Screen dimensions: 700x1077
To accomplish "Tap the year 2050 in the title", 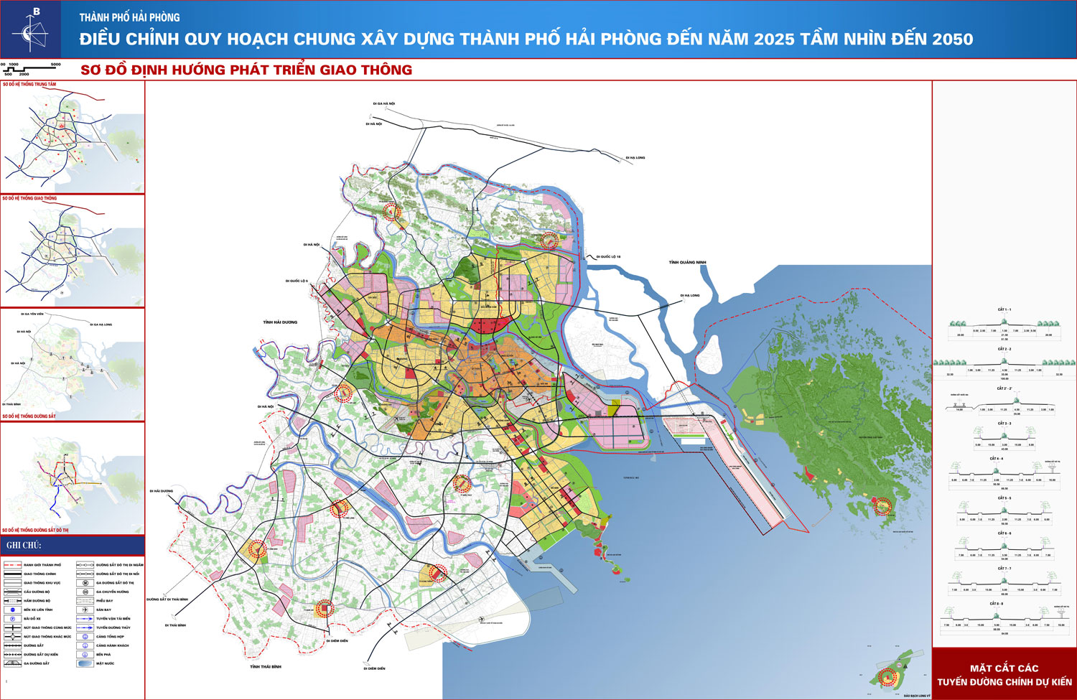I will pyautogui.click(x=952, y=39).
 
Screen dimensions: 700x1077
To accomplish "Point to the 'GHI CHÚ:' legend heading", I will pyautogui.click(x=24, y=546).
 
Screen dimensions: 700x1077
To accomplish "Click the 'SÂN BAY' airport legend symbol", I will pyautogui.click(x=85, y=610).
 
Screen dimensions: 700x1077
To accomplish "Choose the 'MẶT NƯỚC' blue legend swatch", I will pyautogui.click(x=85, y=663).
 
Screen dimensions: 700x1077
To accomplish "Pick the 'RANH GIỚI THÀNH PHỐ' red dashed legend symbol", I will pyautogui.click(x=13, y=565).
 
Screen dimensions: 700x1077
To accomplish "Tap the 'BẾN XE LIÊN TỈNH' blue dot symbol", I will pyautogui.click(x=13, y=610).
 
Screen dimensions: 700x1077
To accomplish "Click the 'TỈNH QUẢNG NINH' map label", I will pyautogui.click(x=687, y=263).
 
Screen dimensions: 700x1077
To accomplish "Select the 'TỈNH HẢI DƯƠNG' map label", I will pyautogui.click(x=280, y=322).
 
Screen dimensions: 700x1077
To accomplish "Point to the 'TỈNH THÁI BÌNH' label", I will pyautogui.click(x=266, y=667).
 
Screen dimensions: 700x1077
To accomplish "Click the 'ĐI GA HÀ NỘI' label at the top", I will pyautogui.click(x=383, y=104).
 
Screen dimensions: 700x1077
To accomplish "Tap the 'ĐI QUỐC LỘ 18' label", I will pyautogui.click(x=607, y=256).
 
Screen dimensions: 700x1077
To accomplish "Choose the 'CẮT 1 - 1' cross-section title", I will pyautogui.click(x=1004, y=310).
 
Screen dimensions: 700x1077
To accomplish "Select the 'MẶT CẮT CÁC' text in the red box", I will pyautogui.click(x=1004, y=668).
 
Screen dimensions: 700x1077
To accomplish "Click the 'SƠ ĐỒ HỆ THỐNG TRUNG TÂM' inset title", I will pyautogui.click(x=29, y=85).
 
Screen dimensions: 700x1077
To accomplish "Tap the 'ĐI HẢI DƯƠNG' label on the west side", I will pyautogui.click(x=162, y=491).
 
